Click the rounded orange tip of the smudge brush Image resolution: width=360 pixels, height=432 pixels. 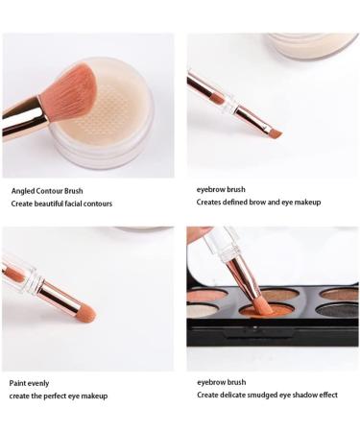[x=84, y=313]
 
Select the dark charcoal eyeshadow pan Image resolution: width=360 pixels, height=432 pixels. [x=340, y=310]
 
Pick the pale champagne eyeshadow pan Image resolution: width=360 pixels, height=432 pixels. [x=204, y=310]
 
